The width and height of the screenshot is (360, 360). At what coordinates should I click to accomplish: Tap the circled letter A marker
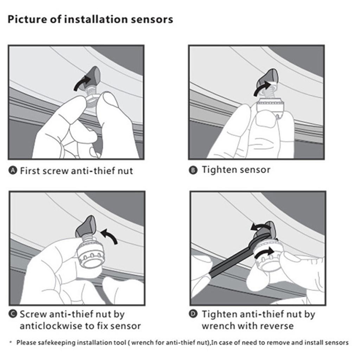click(x=13, y=171)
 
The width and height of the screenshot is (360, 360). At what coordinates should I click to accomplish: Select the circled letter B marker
click(x=193, y=171)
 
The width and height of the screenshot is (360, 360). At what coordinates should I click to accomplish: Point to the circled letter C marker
click(x=13, y=314)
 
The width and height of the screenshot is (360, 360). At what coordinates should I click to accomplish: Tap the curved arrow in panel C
click(x=110, y=234)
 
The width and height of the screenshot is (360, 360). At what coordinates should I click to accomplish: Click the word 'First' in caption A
click(x=30, y=171)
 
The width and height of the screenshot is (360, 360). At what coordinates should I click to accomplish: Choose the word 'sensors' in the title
click(x=154, y=19)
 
